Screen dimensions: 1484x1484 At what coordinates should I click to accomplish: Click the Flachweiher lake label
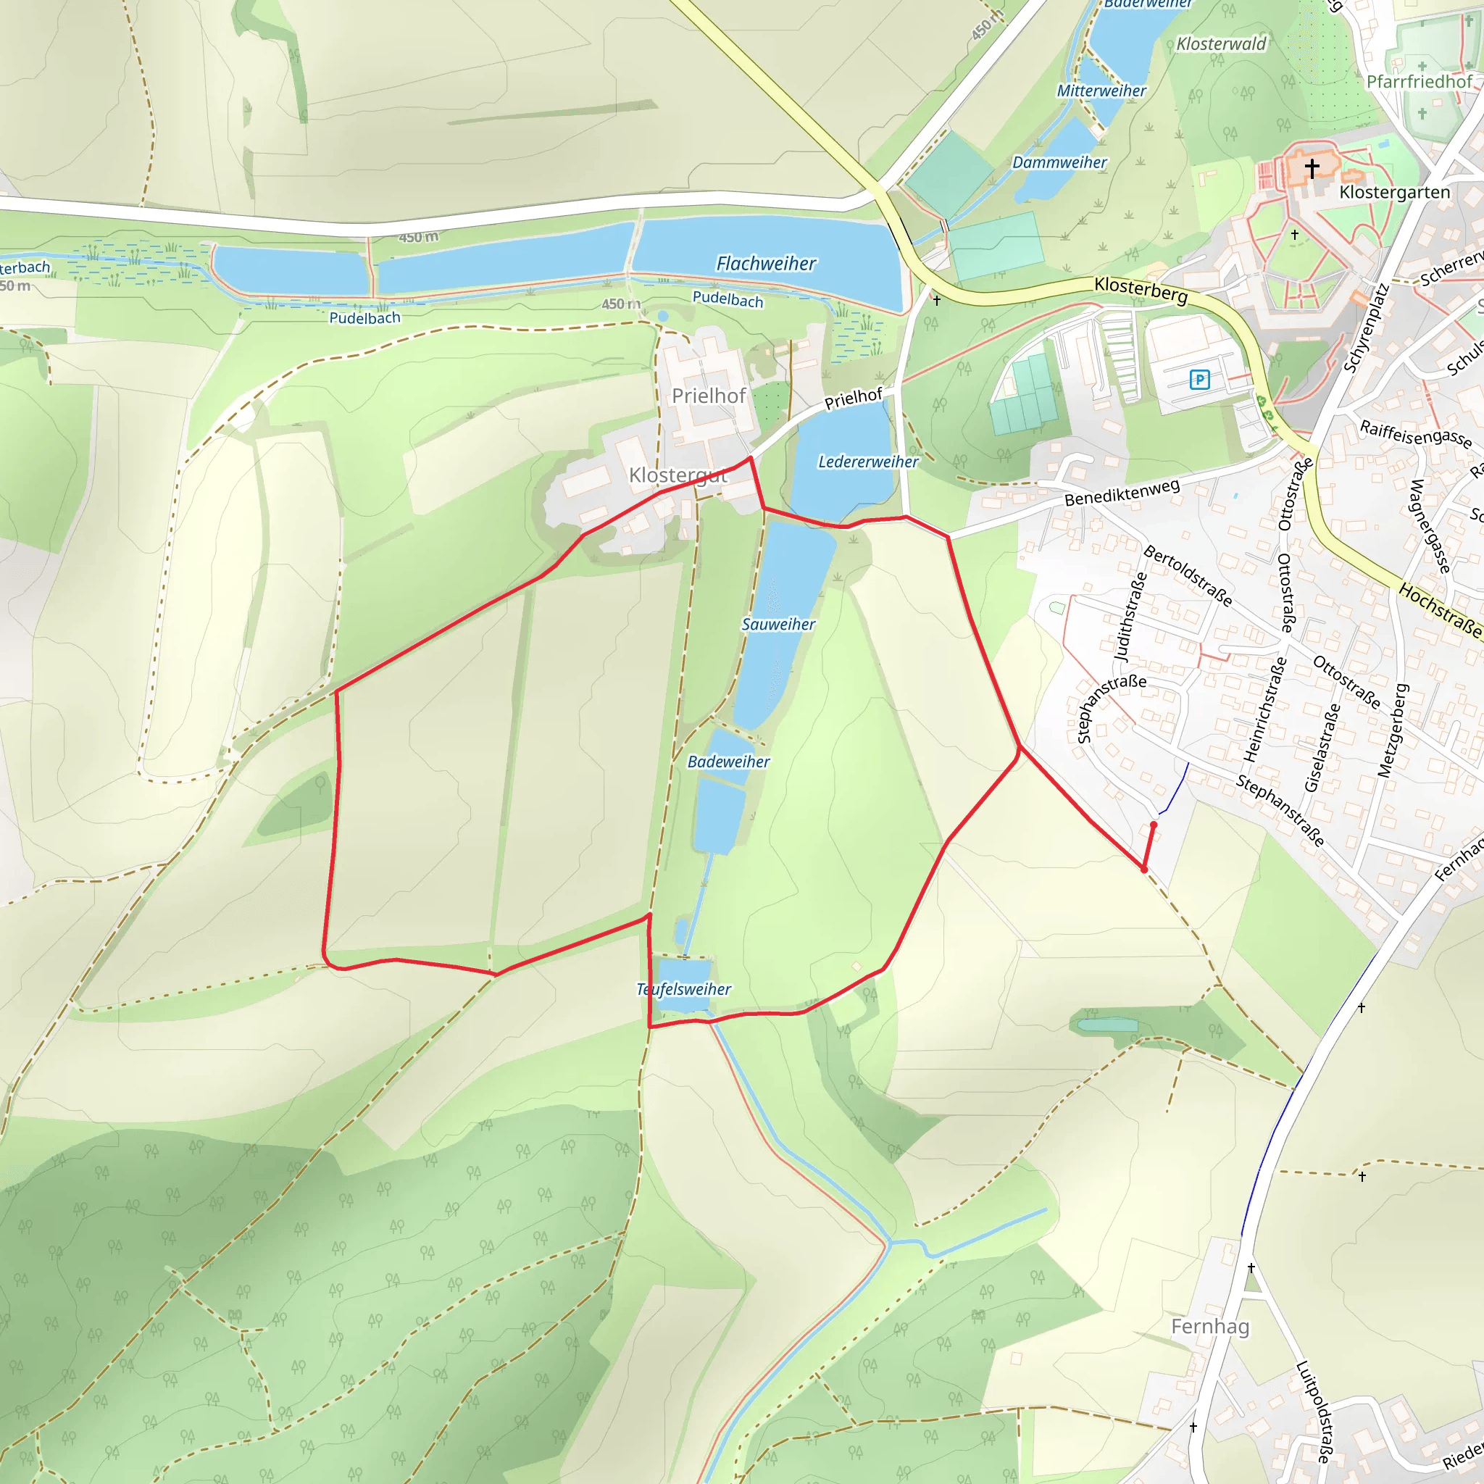tap(766, 264)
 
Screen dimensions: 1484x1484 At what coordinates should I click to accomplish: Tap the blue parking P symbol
tap(1199, 379)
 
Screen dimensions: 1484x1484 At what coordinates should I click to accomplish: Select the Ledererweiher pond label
tap(867, 462)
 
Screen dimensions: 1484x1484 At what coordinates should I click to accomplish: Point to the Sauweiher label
tap(778, 624)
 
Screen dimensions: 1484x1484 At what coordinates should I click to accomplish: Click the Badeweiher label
tap(728, 762)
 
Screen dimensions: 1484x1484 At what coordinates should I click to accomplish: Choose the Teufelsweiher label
tap(683, 988)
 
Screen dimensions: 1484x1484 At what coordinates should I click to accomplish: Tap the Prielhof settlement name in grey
tap(708, 396)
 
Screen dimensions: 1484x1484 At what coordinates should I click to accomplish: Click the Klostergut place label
tap(678, 475)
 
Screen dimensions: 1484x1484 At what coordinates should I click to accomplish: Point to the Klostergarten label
tap(1394, 192)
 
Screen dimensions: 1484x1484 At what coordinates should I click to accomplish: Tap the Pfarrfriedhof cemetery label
tap(1419, 81)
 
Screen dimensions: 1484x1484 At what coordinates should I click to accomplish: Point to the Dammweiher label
tap(1059, 162)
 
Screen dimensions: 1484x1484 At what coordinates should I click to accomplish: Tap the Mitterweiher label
tap(1101, 91)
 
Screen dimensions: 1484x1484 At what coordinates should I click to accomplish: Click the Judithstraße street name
tap(1130, 617)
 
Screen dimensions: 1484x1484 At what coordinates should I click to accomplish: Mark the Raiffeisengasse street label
tap(1416, 434)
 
